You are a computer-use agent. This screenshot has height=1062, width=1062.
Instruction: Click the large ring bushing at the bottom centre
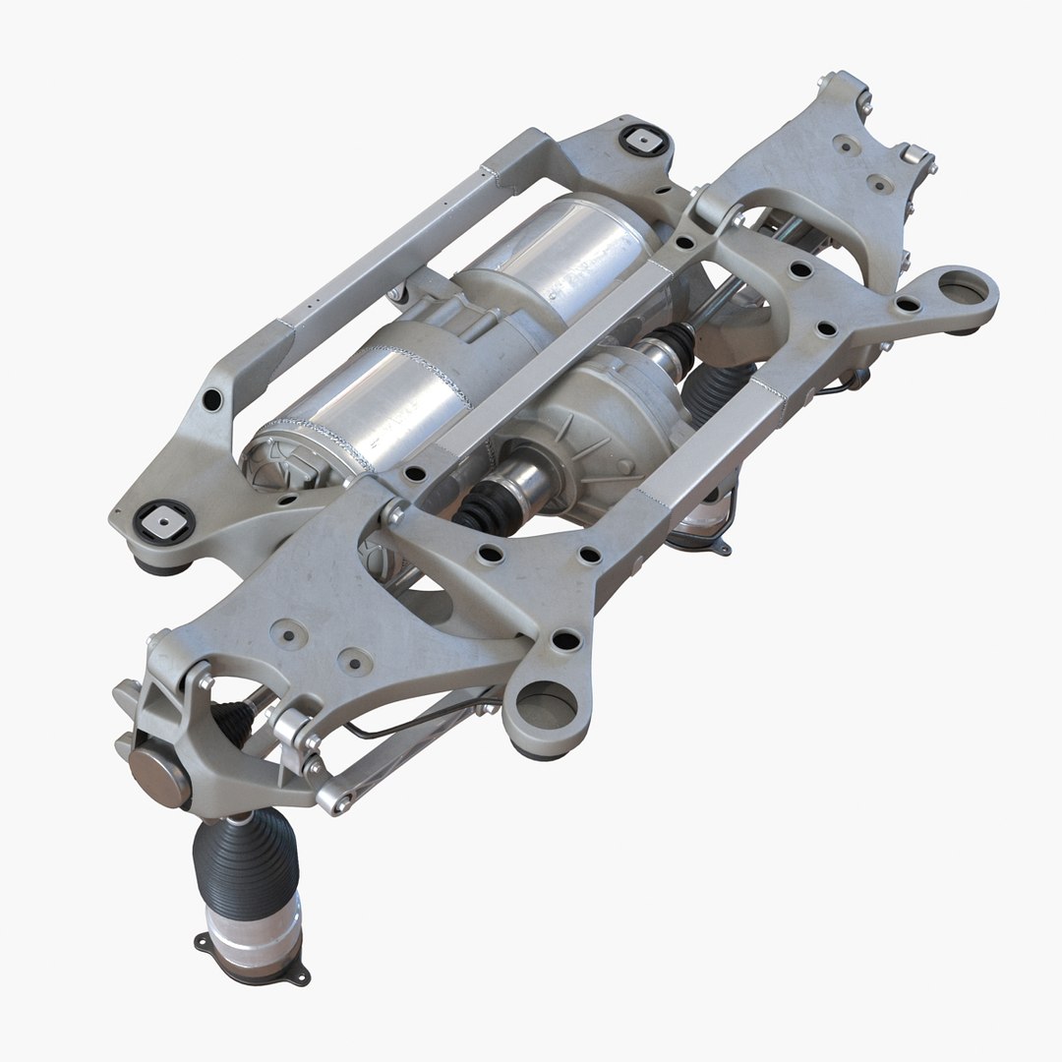[x=545, y=706]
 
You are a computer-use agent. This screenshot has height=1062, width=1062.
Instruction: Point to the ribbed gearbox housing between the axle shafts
[x=610, y=423]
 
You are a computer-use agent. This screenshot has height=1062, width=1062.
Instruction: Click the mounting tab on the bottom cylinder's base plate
[x=296, y=973]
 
